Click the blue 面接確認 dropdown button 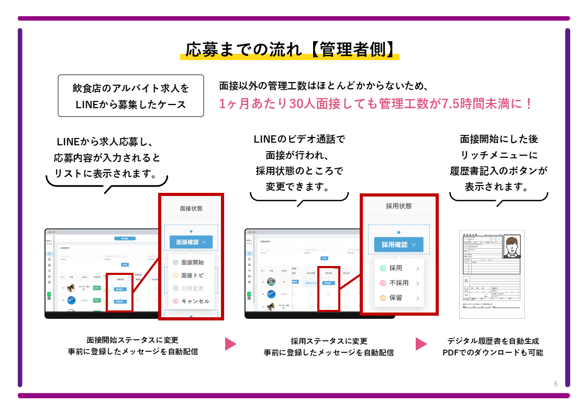click(x=191, y=242)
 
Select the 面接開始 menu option click(x=192, y=262)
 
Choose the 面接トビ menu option click(x=192, y=275)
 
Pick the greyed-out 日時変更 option click(x=192, y=289)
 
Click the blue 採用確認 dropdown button click(x=398, y=244)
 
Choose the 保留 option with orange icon click(x=396, y=298)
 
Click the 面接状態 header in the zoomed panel click(x=191, y=208)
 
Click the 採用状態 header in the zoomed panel click(x=398, y=206)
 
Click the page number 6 click(x=556, y=384)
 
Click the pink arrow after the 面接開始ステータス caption click(x=231, y=344)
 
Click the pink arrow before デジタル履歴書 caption click(x=421, y=344)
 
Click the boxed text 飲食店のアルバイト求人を click(x=130, y=88)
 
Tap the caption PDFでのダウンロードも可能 click(x=493, y=353)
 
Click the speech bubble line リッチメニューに click(x=498, y=155)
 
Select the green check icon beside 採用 click(x=383, y=268)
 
